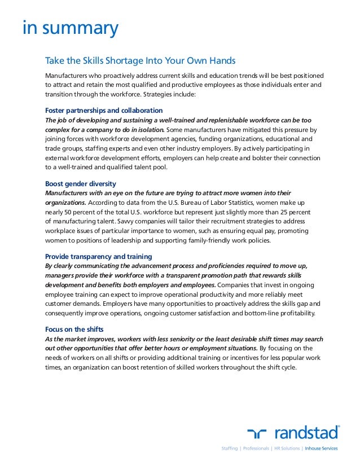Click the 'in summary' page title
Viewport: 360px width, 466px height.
(x=70, y=28)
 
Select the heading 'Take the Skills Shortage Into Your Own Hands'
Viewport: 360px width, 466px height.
(x=140, y=60)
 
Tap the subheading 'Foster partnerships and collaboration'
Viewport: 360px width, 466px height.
(x=104, y=110)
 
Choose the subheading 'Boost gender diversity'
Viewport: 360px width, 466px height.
(x=81, y=183)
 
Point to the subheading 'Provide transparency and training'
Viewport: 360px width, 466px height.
(x=98, y=256)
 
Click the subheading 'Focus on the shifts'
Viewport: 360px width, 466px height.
(x=74, y=329)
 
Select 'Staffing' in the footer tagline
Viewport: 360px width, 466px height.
(x=229, y=449)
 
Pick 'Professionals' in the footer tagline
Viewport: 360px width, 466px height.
(x=254, y=449)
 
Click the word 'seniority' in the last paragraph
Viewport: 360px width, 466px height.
(x=196, y=339)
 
